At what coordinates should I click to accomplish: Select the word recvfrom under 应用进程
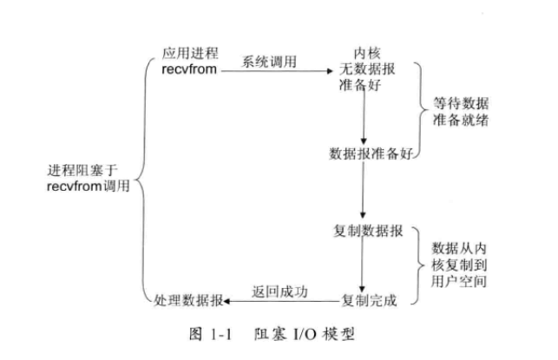coord(189,69)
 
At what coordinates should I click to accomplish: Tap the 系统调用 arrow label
coord(269,60)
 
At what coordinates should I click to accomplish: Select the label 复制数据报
coord(367,232)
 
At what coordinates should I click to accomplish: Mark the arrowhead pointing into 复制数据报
coord(365,219)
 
